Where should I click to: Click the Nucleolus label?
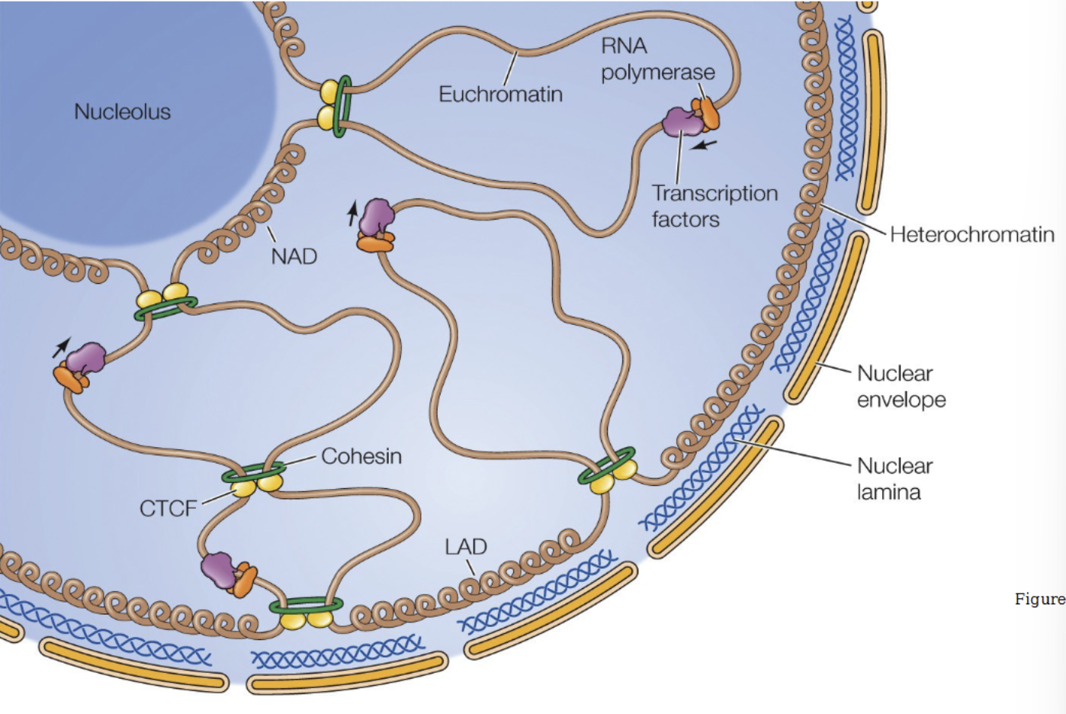click(x=122, y=111)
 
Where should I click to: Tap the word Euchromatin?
click(x=500, y=94)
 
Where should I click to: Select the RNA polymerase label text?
click(x=657, y=59)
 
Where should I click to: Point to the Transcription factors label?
click(x=714, y=206)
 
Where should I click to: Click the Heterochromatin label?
click(x=971, y=234)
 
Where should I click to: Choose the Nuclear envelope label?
click(x=901, y=386)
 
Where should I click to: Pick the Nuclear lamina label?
click(x=894, y=478)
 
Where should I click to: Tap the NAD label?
click(x=294, y=256)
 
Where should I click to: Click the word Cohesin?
click(x=361, y=456)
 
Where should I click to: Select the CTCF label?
click(x=168, y=508)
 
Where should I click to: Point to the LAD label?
click(x=465, y=547)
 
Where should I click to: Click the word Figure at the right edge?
click(x=1039, y=599)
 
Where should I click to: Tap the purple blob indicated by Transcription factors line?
click(x=680, y=122)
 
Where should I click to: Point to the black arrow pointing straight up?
click(x=352, y=214)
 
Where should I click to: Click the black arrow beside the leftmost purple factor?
click(x=60, y=348)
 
